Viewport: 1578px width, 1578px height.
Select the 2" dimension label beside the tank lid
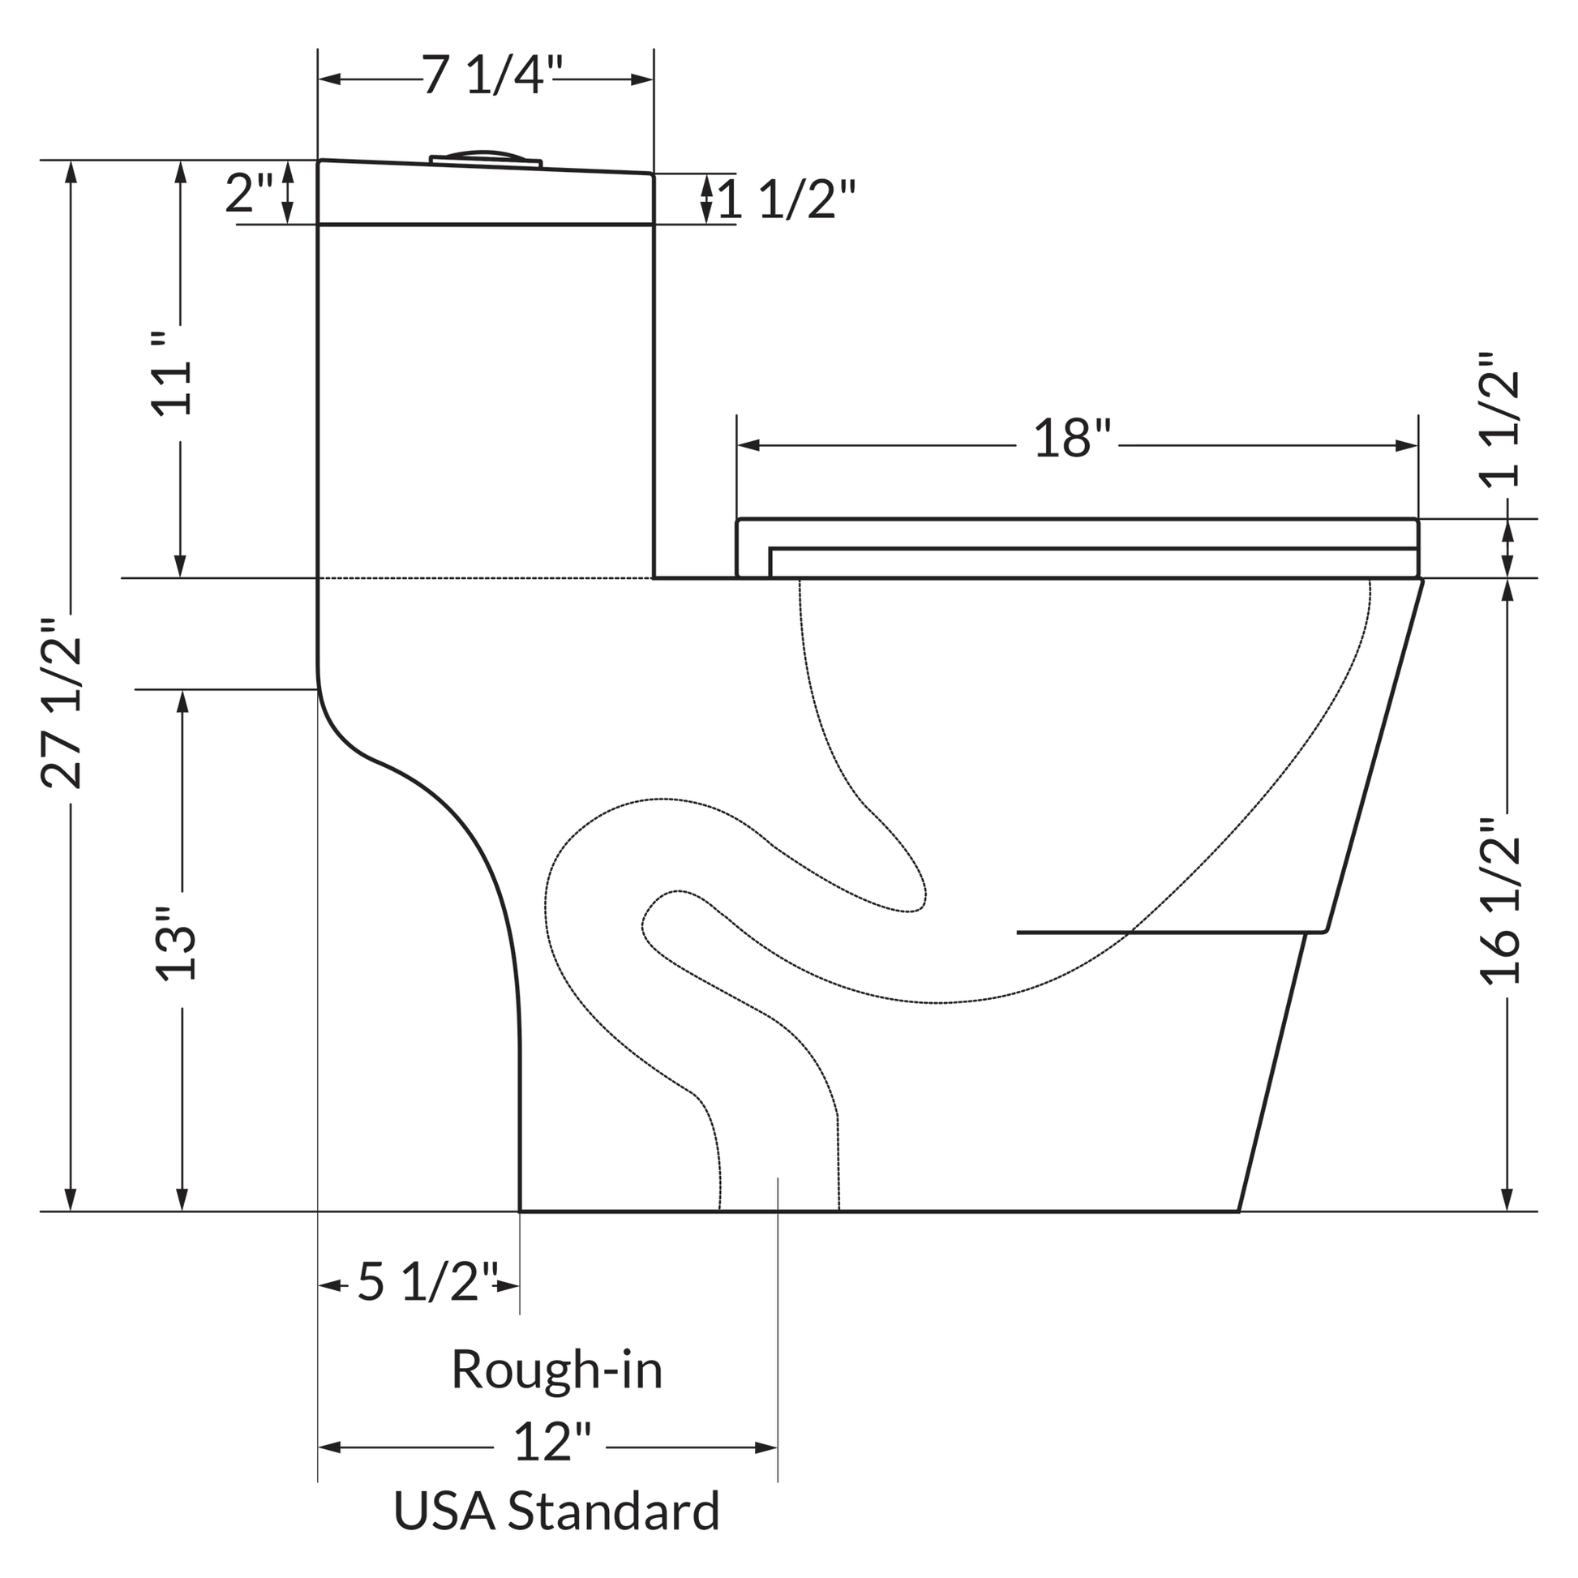[249, 195]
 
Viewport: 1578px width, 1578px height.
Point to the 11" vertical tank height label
[174, 375]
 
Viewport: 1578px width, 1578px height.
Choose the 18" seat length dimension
[1074, 439]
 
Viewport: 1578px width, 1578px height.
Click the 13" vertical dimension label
[176, 943]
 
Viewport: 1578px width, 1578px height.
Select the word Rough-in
[557, 1370]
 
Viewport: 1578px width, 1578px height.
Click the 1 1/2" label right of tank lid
[787, 199]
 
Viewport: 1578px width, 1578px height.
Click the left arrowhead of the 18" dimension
[748, 446]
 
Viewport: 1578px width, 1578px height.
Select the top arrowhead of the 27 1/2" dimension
[71, 173]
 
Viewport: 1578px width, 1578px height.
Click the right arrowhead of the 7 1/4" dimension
[643, 79]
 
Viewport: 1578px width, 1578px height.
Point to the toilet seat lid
[1077, 534]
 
